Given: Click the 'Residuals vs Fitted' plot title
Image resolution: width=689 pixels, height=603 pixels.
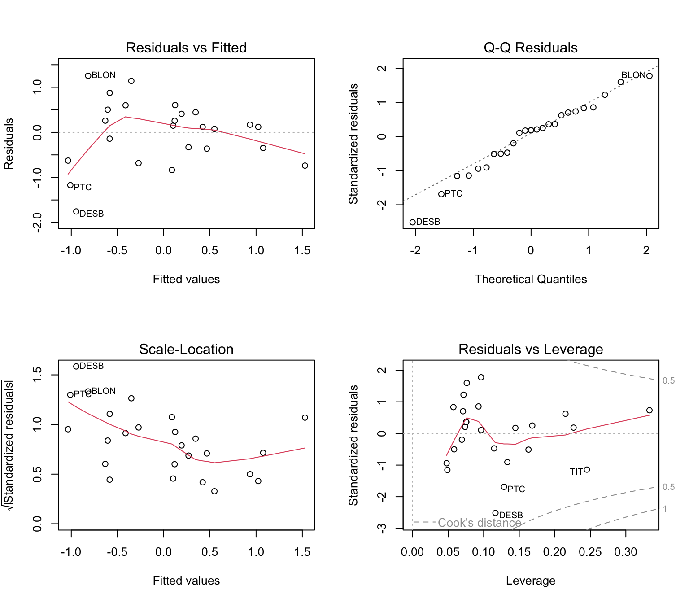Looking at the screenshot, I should pyautogui.click(x=186, y=48).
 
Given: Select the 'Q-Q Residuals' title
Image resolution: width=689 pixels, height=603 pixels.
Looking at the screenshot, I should pyautogui.click(x=530, y=48).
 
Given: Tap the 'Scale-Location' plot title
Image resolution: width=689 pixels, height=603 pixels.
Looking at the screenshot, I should pyautogui.click(x=186, y=349).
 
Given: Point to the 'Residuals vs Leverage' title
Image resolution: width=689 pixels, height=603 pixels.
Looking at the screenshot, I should pyautogui.click(x=530, y=349).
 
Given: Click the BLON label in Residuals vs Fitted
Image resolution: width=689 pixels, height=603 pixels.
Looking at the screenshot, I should pyautogui.click(x=104, y=75).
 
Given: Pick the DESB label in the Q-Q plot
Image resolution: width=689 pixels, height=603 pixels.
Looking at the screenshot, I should pyautogui.click(x=428, y=222).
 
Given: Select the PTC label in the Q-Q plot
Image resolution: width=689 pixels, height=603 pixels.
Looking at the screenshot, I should pyautogui.click(x=454, y=194).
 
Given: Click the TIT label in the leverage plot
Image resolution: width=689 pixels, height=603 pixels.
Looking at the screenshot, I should pyautogui.click(x=576, y=472).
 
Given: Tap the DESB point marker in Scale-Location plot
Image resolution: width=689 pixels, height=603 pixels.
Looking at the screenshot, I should pyautogui.click(x=76, y=367).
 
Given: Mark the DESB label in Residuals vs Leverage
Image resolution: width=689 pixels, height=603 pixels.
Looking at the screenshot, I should pyautogui.click(x=511, y=515).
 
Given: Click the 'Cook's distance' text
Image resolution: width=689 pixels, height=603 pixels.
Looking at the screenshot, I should pyautogui.click(x=479, y=523).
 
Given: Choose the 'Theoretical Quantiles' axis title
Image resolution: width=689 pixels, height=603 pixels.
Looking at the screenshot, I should pyautogui.click(x=530, y=279).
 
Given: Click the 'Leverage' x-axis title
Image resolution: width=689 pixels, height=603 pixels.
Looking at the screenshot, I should pyautogui.click(x=530, y=581).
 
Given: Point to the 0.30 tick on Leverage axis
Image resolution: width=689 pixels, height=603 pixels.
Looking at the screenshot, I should pyautogui.click(x=625, y=552).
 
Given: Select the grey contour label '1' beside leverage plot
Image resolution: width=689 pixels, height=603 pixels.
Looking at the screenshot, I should pyautogui.click(x=665, y=509).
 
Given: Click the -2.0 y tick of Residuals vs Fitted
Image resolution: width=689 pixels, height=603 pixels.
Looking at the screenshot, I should pyautogui.click(x=37, y=222).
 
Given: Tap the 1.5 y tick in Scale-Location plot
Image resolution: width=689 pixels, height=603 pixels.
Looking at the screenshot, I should pyautogui.click(x=37, y=375).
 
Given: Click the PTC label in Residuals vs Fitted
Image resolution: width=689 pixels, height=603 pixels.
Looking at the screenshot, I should pyautogui.click(x=83, y=187).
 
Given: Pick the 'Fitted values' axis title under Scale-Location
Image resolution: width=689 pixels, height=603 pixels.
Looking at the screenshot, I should pyautogui.click(x=186, y=581).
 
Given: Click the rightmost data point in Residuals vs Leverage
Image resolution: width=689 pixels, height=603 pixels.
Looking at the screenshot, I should pyautogui.click(x=649, y=411).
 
